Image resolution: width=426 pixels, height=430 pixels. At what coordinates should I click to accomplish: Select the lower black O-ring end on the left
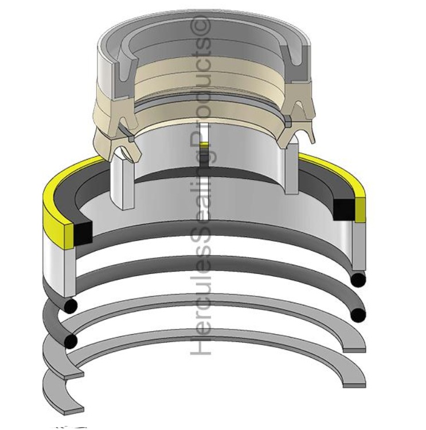[x=71, y=342]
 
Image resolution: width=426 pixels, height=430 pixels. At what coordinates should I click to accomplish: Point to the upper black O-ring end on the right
[x=358, y=280]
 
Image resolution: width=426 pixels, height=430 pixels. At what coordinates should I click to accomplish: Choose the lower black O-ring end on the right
[x=358, y=314]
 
